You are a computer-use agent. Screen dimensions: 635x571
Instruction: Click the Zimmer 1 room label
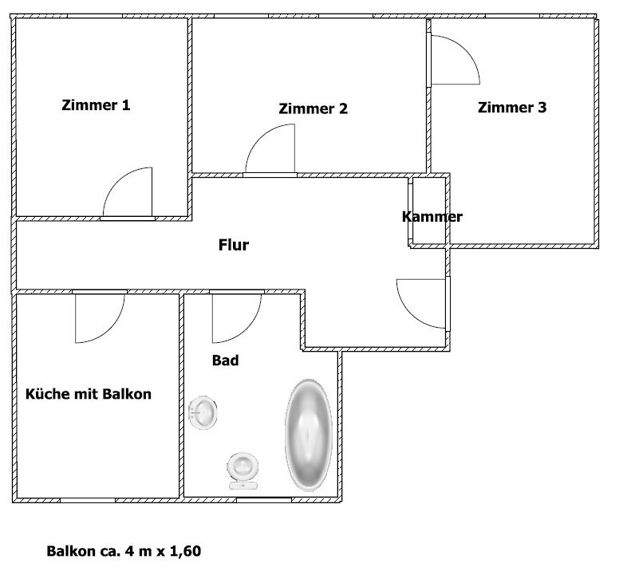(96, 105)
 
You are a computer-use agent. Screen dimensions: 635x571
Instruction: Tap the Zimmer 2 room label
(313, 108)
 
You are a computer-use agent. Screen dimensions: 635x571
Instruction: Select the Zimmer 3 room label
(512, 108)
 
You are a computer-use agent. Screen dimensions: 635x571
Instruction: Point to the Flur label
(234, 245)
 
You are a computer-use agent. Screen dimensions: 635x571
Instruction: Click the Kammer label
(432, 217)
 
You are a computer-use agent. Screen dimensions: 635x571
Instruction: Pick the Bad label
(226, 360)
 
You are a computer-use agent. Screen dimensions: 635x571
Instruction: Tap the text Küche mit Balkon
(89, 394)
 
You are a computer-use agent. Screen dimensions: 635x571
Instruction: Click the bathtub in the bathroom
(309, 435)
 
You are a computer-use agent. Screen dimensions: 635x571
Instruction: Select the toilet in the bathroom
(243, 471)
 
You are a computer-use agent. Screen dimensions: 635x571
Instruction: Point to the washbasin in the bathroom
(203, 412)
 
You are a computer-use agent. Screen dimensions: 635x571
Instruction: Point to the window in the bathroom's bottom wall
(263, 500)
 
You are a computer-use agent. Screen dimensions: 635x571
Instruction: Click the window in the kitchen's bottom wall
(88, 501)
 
